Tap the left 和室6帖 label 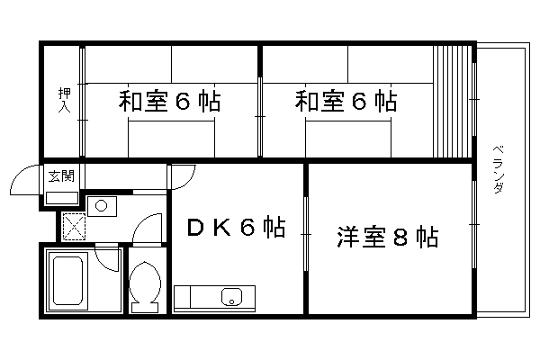pyautogui.click(x=170, y=101)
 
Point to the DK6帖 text pyautogui.click(x=236, y=228)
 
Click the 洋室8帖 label pyautogui.click(x=389, y=238)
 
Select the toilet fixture pyautogui.click(x=143, y=286)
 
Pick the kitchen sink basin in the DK pyautogui.click(x=232, y=295)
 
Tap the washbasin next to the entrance pyautogui.click(x=101, y=206)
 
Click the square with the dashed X pyautogui.click(x=74, y=225)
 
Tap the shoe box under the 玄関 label pyautogui.click(x=62, y=197)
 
